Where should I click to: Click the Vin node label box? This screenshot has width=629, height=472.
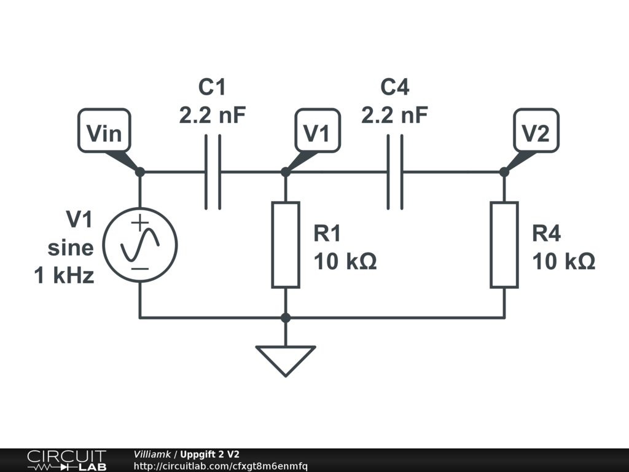click(104, 131)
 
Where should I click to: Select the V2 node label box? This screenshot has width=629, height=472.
click(536, 131)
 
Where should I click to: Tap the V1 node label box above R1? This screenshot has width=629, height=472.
click(318, 131)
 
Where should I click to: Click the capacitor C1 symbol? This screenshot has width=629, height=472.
click(213, 172)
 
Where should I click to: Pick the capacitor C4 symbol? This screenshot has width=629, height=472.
click(395, 172)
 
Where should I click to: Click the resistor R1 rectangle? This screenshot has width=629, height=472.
click(286, 245)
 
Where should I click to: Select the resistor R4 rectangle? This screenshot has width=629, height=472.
click(504, 245)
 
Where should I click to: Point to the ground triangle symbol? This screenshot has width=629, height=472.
click(286, 361)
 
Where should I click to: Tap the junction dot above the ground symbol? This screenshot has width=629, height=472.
click(286, 318)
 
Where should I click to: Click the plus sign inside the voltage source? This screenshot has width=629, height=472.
click(140, 223)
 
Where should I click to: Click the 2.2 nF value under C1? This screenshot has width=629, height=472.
click(212, 115)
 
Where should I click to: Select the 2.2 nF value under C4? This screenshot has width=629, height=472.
click(394, 115)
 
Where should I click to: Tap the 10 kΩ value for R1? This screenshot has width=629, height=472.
click(345, 261)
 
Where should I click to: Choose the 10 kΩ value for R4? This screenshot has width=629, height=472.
click(564, 261)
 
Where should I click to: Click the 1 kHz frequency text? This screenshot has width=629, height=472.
click(64, 275)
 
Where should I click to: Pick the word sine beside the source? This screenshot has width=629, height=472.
click(71, 248)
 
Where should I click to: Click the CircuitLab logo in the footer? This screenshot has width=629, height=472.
click(66, 460)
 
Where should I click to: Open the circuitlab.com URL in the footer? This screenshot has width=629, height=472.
click(221, 466)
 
